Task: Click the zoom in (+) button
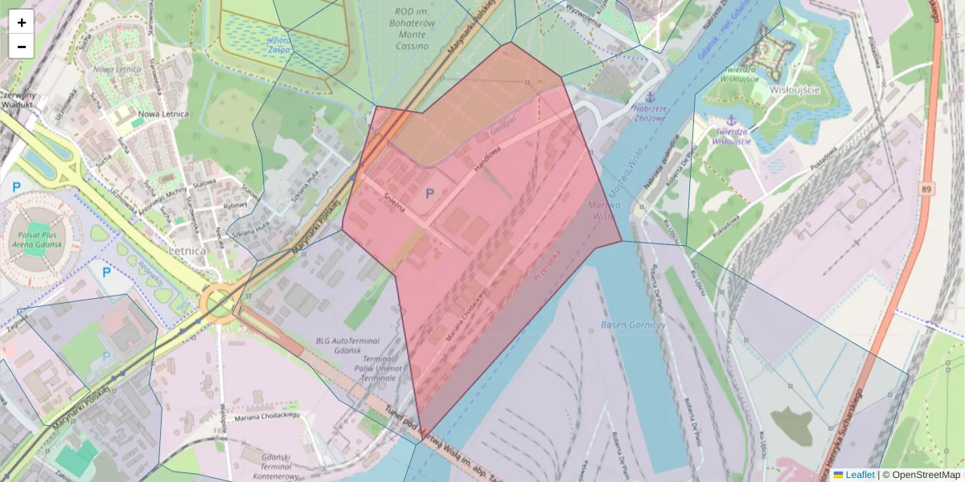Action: (21, 22)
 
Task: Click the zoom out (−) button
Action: (21, 46)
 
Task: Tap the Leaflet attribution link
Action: (860, 475)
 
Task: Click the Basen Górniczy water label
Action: (633, 325)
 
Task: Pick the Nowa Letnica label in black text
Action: (163, 113)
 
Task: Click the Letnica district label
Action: (187, 251)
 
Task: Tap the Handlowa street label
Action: (487, 156)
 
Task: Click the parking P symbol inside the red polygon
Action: (429, 194)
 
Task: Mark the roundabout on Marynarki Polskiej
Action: (218, 304)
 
